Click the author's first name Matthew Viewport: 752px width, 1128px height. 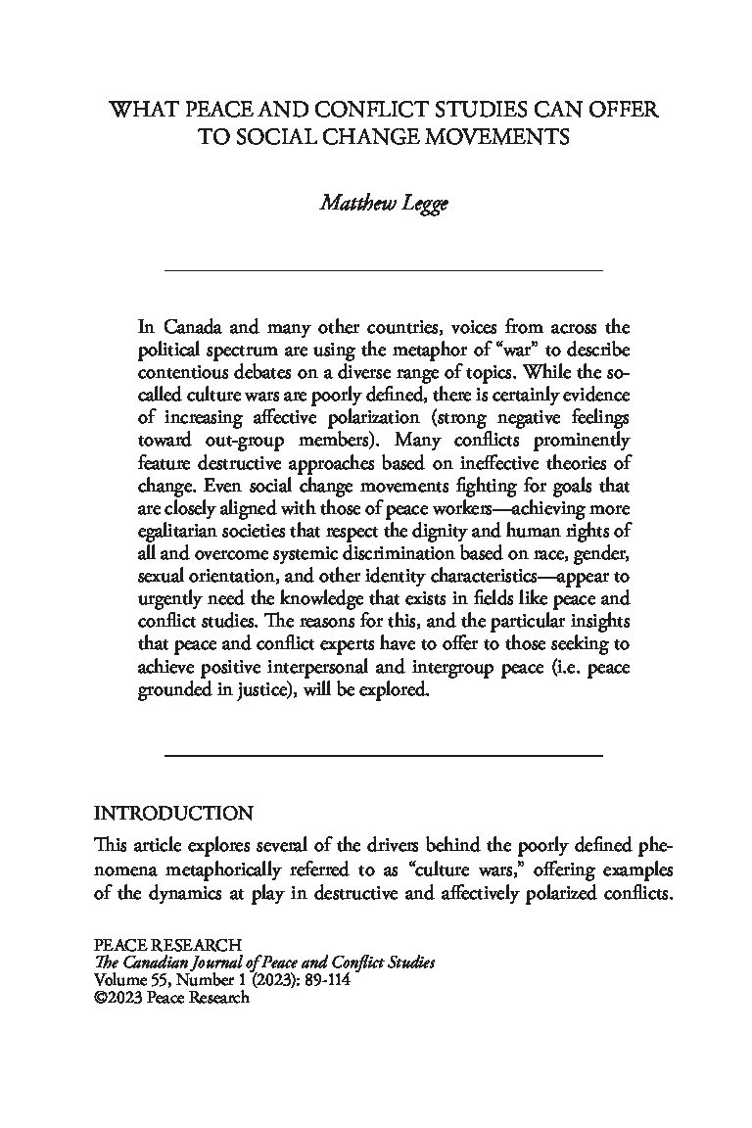pos(352,204)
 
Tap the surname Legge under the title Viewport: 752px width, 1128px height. pos(421,205)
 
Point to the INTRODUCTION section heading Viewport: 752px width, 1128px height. pos(173,813)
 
